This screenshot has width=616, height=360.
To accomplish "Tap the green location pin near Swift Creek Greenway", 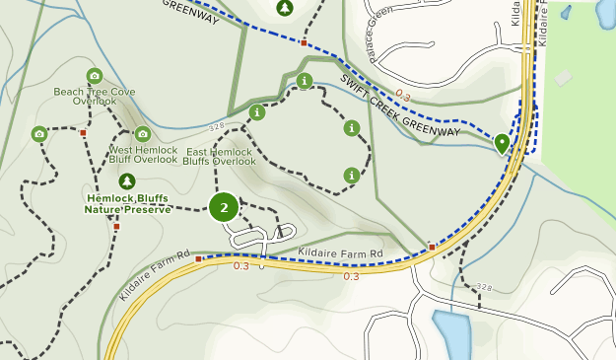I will (x=502, y=144).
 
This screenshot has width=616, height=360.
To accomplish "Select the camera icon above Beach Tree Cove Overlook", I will (x=95, y=76).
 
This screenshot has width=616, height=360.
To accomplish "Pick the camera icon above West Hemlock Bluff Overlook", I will (x=143, y=133).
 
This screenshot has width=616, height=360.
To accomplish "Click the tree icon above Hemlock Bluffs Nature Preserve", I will (x=126, y=180).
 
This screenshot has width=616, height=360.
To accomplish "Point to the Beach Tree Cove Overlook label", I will (x=95, y=97).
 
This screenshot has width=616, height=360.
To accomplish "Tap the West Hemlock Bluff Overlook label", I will (x=143, y=155).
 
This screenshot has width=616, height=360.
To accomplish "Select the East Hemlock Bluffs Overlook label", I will (x=219, y=156).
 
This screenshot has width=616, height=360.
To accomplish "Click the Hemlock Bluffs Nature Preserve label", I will (x=126, y=203).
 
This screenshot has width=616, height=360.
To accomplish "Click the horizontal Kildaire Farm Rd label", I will (x=340, y=254).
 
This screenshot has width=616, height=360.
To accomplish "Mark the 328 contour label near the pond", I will (x=483, y=287).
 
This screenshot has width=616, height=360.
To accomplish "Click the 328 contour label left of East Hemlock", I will (x=218, y=127).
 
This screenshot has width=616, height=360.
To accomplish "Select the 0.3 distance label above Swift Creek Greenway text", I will (x=401, y=96).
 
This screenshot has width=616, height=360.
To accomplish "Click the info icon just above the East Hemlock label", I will (x=257, y=112).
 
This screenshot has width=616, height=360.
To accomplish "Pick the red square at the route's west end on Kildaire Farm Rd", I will (x=198, y=259).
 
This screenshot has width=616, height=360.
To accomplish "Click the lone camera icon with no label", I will (x=39, y=133).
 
